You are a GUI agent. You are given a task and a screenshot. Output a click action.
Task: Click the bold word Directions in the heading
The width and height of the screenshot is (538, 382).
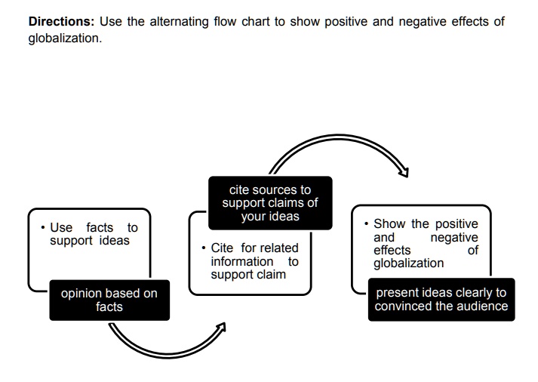click(x=60, y=22)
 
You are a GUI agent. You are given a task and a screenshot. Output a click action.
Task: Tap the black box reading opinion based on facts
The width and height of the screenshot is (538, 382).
click(x=109, y=300)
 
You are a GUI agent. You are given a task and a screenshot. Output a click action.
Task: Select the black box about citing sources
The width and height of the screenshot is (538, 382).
click(x=270, y=202)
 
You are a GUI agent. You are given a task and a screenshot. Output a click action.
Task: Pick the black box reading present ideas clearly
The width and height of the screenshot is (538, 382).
click(x=441, y=299)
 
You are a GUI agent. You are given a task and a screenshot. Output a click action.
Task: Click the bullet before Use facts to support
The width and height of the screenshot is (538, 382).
click(x=43, y=227)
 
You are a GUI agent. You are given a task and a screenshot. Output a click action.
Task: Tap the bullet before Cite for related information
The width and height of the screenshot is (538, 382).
click(x=204, y=248)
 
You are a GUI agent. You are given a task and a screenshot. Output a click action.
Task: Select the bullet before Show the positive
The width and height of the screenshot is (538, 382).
click(x=366, y=223)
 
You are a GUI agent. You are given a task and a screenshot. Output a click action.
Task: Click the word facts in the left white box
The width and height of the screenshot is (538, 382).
click(x=100, y=227)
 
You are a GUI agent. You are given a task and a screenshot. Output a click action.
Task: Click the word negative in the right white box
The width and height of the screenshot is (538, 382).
click(x=453, y=237)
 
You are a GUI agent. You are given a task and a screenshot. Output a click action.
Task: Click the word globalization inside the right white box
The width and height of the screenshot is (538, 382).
click(x=408, y=263)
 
